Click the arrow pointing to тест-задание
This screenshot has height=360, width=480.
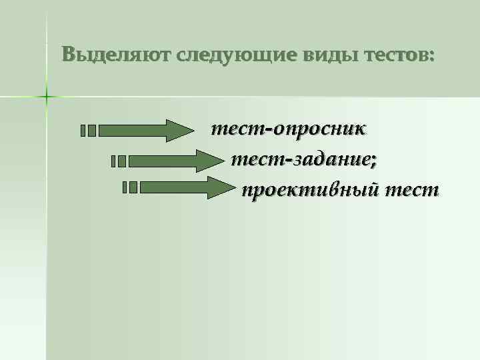pos(173,161)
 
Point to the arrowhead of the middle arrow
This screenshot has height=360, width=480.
pos(208,161)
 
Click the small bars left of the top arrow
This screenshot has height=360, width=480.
pos(88,131)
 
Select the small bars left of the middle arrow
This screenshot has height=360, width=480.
pos(119,161)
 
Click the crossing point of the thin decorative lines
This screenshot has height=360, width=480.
pos(47,97)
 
